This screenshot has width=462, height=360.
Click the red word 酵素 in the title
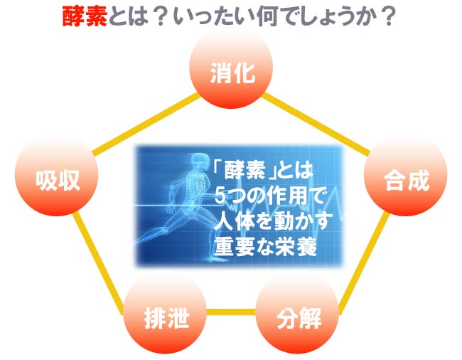click(85, 16)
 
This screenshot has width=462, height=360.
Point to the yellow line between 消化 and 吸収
click(146, 124)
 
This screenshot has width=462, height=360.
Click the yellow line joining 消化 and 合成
click(316, 124)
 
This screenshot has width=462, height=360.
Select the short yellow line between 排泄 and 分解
click(231, 312)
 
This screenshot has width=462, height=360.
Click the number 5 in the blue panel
click(220, 196)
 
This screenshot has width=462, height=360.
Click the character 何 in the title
click(267, 17)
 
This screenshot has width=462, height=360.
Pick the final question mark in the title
click(387, 17)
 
